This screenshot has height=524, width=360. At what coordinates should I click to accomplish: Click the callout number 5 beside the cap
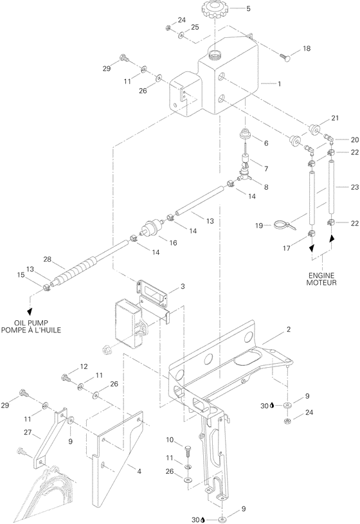tap(231, 8)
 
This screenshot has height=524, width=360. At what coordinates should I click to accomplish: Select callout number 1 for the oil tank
tap(280, 84)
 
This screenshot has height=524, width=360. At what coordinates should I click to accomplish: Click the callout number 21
tap(334, 118)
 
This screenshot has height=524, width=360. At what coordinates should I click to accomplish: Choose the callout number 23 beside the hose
tap(354, 187)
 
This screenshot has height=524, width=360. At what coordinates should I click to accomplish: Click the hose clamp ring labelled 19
tap(282, 225)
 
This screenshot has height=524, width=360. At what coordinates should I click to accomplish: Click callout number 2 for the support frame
tap(289, 329)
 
